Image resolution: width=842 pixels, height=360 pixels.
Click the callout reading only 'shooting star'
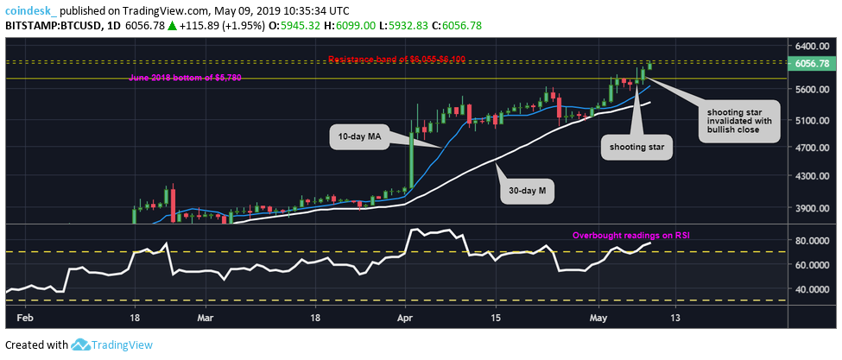tap(637, 148)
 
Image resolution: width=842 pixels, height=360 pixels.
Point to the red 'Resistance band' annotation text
tap(396, 59)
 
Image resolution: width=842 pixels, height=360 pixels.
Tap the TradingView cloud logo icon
tap(82, 345)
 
